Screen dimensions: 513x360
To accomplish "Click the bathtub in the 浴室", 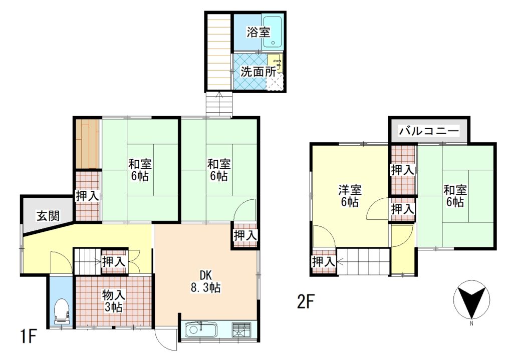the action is [x=273, y=32].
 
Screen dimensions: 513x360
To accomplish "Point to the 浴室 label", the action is [x=258, y=33].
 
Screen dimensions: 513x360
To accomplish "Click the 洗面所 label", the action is [x=258, y=72].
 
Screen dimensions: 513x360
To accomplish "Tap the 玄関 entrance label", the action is [x=48, y=216].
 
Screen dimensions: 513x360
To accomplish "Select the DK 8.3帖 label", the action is [x=205, y=281].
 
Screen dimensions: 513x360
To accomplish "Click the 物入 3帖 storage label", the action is [x=113, y=301].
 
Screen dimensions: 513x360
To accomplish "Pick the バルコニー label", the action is [x=429, y=132].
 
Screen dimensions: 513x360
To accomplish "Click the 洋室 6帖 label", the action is [x=350, y=196].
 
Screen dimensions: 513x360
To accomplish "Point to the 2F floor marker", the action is [x=306, y=302].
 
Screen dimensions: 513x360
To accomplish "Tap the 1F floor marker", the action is [x=28, y=336].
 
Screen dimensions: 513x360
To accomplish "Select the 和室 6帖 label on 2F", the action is [x=455, y=196].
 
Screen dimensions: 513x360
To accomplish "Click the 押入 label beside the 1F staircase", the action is [x=114, y=261].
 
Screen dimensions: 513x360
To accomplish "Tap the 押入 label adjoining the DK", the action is [x=245, y=235].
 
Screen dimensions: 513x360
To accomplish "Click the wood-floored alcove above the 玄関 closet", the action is [x=88, y=144].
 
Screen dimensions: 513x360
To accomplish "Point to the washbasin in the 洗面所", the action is [x=275, y=63].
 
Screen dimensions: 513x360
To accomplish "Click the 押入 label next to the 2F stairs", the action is [x=324, y=261].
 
